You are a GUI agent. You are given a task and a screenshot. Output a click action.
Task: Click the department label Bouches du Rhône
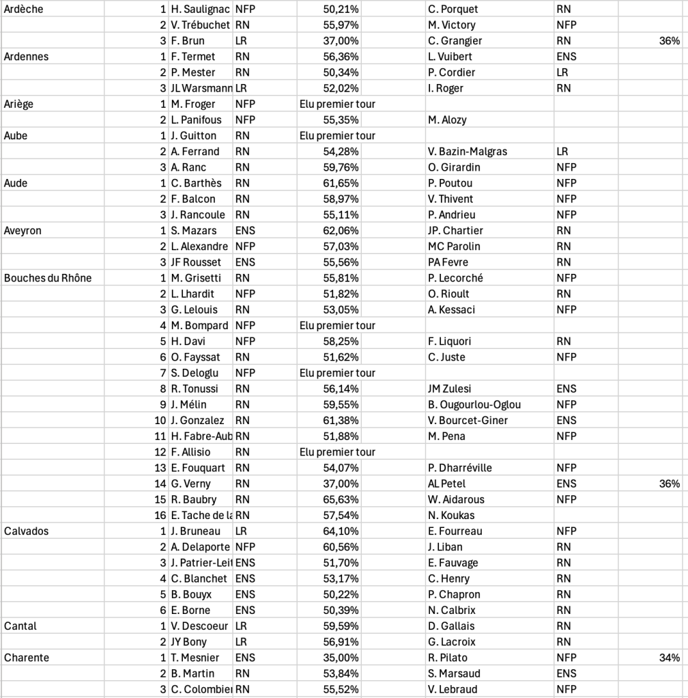48,278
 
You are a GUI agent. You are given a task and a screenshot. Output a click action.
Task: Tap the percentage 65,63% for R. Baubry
341,499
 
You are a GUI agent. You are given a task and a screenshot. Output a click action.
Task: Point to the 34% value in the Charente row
669,658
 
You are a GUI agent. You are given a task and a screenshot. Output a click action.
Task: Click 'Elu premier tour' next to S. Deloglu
337,373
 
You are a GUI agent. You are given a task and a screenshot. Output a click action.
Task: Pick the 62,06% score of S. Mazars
341,231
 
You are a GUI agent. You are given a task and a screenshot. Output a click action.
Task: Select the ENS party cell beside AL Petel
567,484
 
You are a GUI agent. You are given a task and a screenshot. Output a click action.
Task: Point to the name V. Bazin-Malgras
469,152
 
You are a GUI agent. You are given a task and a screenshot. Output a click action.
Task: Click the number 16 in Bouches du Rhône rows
160,515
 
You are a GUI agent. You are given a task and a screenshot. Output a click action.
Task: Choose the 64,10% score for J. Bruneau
341,531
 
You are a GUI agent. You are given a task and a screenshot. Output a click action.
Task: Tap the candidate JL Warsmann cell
201,88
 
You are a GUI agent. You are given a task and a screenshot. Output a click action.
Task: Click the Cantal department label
20,626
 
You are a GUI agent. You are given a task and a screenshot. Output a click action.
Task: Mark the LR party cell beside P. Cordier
563,72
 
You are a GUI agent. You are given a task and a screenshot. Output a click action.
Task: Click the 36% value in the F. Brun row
669,41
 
